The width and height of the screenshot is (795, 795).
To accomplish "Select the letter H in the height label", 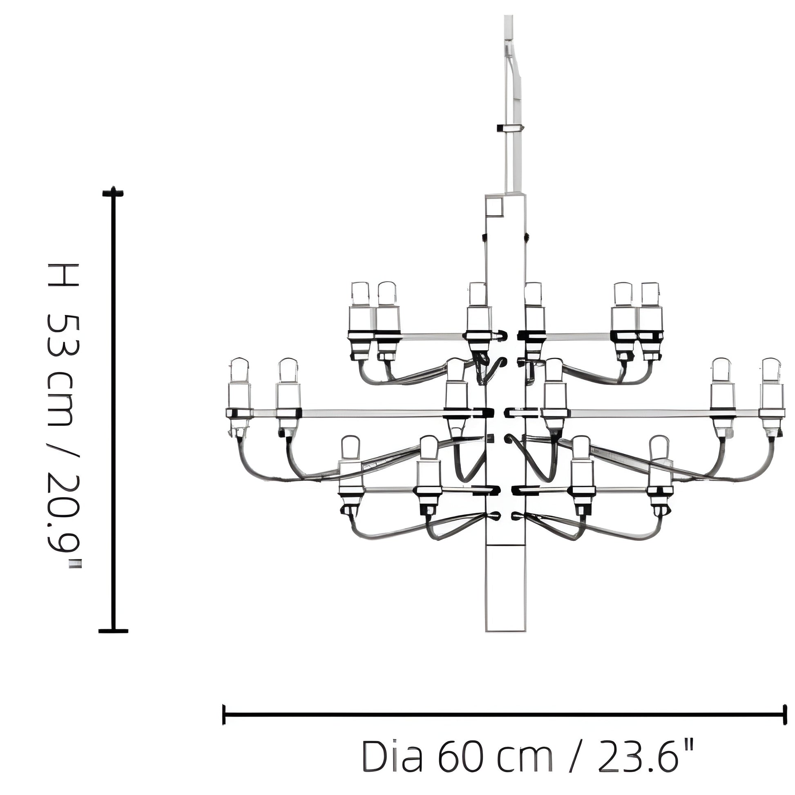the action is coord(63,275).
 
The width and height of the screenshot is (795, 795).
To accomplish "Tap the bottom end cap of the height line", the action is coord(114,630).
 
